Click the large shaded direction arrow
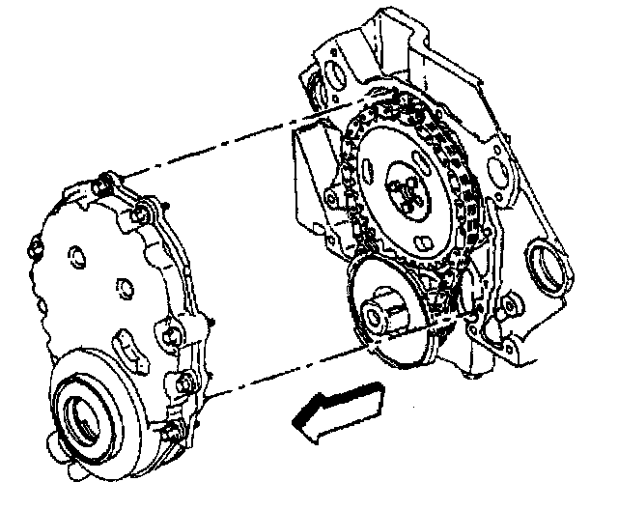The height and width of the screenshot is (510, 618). click(x=338, y=411)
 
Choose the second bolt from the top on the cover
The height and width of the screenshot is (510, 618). click(x=142, y=212)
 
